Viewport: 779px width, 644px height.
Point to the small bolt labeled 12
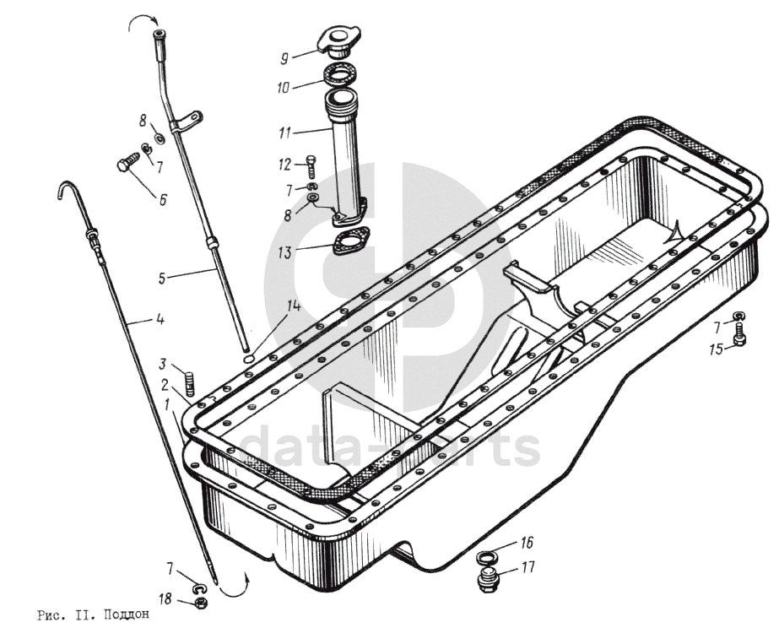[x=314, y=165]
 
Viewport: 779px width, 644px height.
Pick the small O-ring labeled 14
[x=248, y=358]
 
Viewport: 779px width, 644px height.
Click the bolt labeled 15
[x=739, y=338]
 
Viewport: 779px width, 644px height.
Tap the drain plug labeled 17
[x=488, y=581]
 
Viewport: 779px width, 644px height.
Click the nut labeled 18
[x=201, y=603]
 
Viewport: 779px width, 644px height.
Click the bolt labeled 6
[x=127, y=164]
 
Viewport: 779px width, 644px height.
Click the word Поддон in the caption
[x=127, y=614]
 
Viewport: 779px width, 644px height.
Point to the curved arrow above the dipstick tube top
[x=138, y=23]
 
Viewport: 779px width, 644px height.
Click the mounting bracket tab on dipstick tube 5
[x=192, y=118]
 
